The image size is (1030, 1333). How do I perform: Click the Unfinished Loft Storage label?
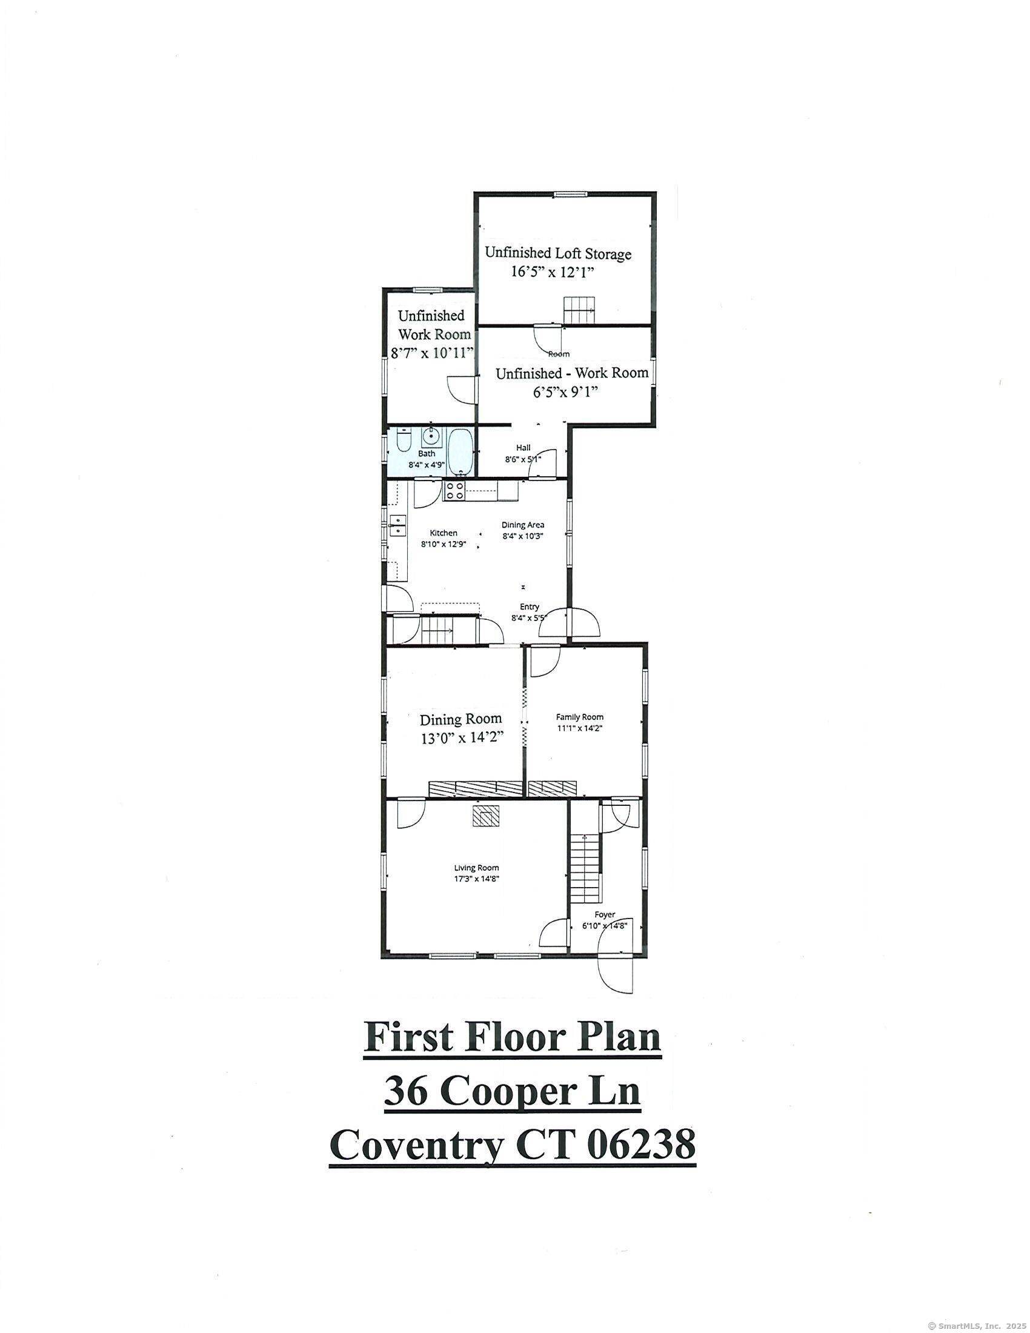[x=557, y=253]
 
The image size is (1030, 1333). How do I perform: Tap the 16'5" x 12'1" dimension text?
[x=551, y=273]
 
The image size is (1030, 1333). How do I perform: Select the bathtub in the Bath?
[x=460, y=451]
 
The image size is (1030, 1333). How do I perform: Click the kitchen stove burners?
[x=453, y=491]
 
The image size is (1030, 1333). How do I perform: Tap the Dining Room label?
[x=460, y=719]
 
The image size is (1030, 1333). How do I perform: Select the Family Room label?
[x=579, y=717]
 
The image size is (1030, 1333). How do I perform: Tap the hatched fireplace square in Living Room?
[x=487, y=816]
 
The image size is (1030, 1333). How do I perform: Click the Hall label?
[x=523, y=448]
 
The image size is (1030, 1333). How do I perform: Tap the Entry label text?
[x=529, y=607]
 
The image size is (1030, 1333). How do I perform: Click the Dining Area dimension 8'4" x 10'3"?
[x=522, y=536]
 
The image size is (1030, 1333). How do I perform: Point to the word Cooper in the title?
[x=513, y=1092]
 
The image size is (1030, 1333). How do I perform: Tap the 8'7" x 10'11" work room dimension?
[x=432, y=353]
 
